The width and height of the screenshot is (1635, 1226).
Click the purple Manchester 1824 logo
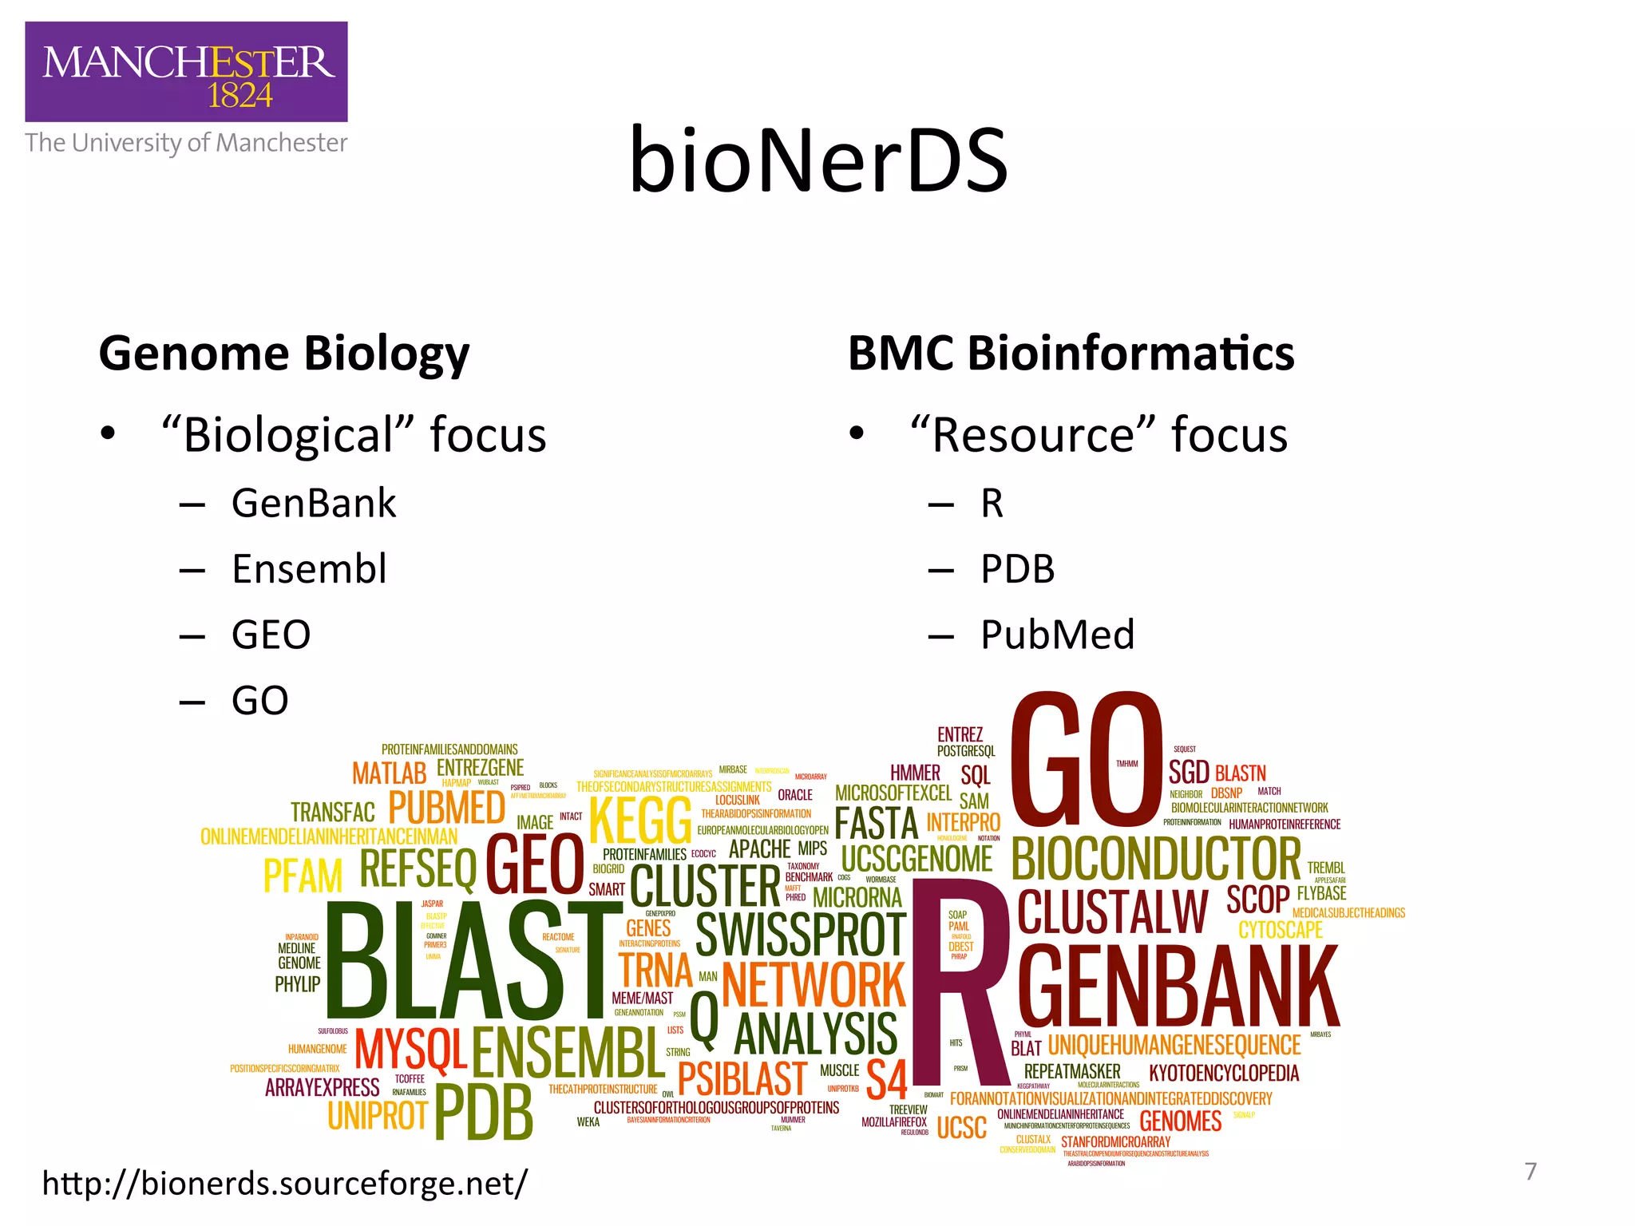click(x=186, y=72)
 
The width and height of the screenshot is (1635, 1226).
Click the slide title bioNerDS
click(x=818, y=161)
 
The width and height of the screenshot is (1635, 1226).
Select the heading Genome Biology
click(x=284, y=353)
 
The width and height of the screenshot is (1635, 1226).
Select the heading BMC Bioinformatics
click(x=1071, y=353)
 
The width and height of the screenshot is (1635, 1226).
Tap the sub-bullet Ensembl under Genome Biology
click(x=309, y=569)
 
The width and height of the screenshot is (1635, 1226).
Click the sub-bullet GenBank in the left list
click(x=314, y=504)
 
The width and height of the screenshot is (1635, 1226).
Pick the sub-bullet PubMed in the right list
click(x=1057, y=635)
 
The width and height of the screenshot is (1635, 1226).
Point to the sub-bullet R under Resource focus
click(x=992, y=504)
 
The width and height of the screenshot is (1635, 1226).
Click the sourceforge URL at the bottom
click(x=285, y=1183)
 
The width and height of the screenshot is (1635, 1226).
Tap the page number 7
click(x=1530, y=1172)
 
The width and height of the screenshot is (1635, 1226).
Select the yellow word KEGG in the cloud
click(x=640, y=821)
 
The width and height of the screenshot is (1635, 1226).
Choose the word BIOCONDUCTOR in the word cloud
click(x=1156, y=859)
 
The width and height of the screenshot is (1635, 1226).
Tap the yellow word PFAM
click(x=303, y=876)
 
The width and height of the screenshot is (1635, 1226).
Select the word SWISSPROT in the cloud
click(x=800, y=935)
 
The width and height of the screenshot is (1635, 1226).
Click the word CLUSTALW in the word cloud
click(x=1113, y=912)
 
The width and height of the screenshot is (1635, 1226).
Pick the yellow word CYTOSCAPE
click(x=1281, y=930)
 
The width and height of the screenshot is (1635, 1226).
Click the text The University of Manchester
click(x=186, y=143)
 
